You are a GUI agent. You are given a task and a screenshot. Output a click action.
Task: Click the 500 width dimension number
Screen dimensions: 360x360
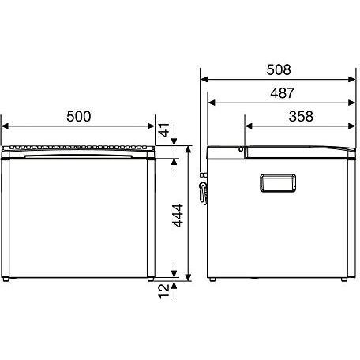(79, 116)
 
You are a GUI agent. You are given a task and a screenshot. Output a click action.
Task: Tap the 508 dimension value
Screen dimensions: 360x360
(279, 69)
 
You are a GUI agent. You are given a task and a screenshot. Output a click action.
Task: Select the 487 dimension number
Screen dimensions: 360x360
(283, 93)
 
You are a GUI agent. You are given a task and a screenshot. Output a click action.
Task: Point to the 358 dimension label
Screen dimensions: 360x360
(301, 116)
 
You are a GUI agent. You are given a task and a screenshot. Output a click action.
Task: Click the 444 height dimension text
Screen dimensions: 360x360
(178, 216)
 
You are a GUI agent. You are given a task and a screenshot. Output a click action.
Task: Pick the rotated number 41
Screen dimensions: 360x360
(164, 129)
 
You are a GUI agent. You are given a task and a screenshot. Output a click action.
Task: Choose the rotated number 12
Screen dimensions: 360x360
(163, 291)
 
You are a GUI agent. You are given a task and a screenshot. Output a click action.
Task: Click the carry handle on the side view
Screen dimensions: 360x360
(278, 183)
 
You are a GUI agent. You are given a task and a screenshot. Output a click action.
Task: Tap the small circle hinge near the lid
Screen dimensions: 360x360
(241, 149)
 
